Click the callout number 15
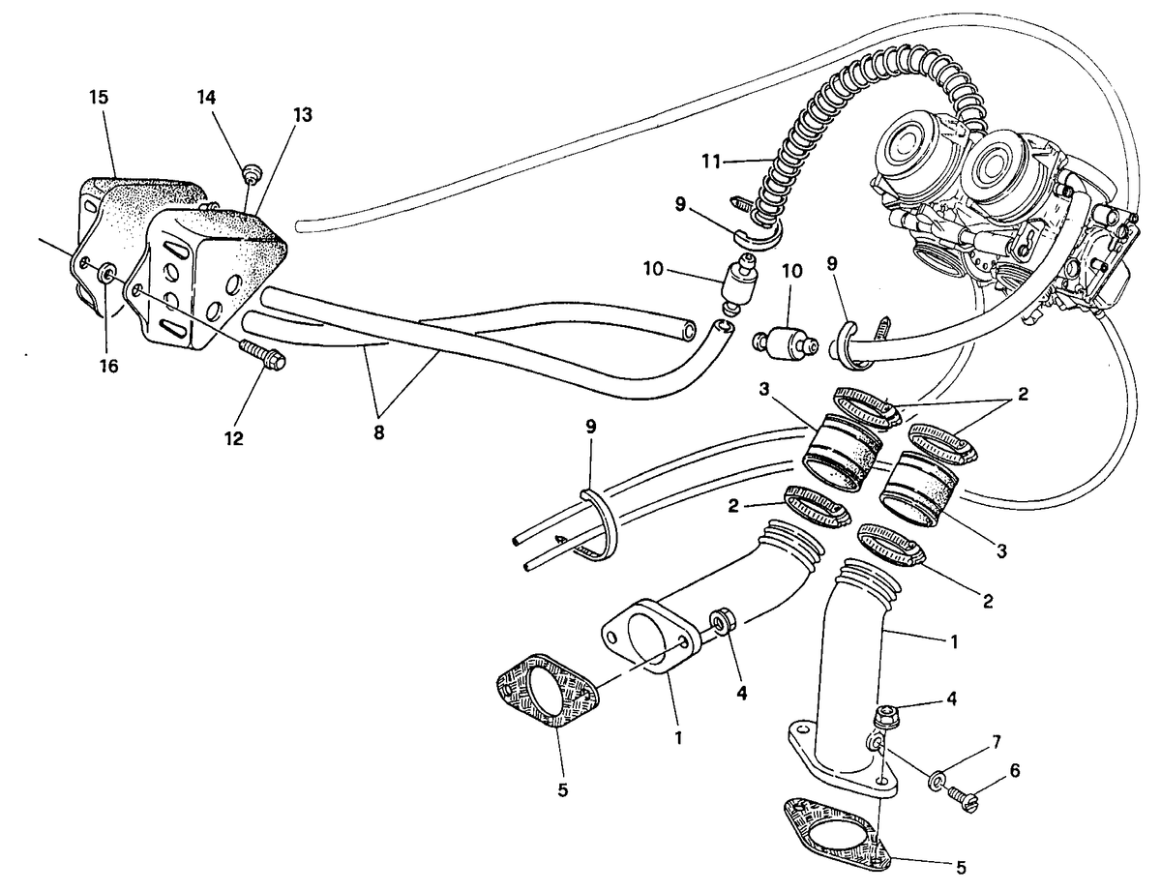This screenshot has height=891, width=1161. coord(100,97)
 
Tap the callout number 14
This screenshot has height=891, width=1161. coord(206,97)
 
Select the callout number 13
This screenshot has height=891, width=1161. coord(303,115)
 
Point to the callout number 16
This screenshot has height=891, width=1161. coord(108,366)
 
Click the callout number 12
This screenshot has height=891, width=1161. coord(234,438)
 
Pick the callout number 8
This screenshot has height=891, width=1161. coord(379,432)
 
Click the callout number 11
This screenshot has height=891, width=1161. coord(711,161)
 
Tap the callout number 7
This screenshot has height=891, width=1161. coord(996,741)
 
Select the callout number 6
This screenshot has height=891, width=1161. coord(1015,770)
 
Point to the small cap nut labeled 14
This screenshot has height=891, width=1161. coord(253,173)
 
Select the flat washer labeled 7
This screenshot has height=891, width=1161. coord(938,780)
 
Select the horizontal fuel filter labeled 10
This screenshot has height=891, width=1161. coord(786,343)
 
